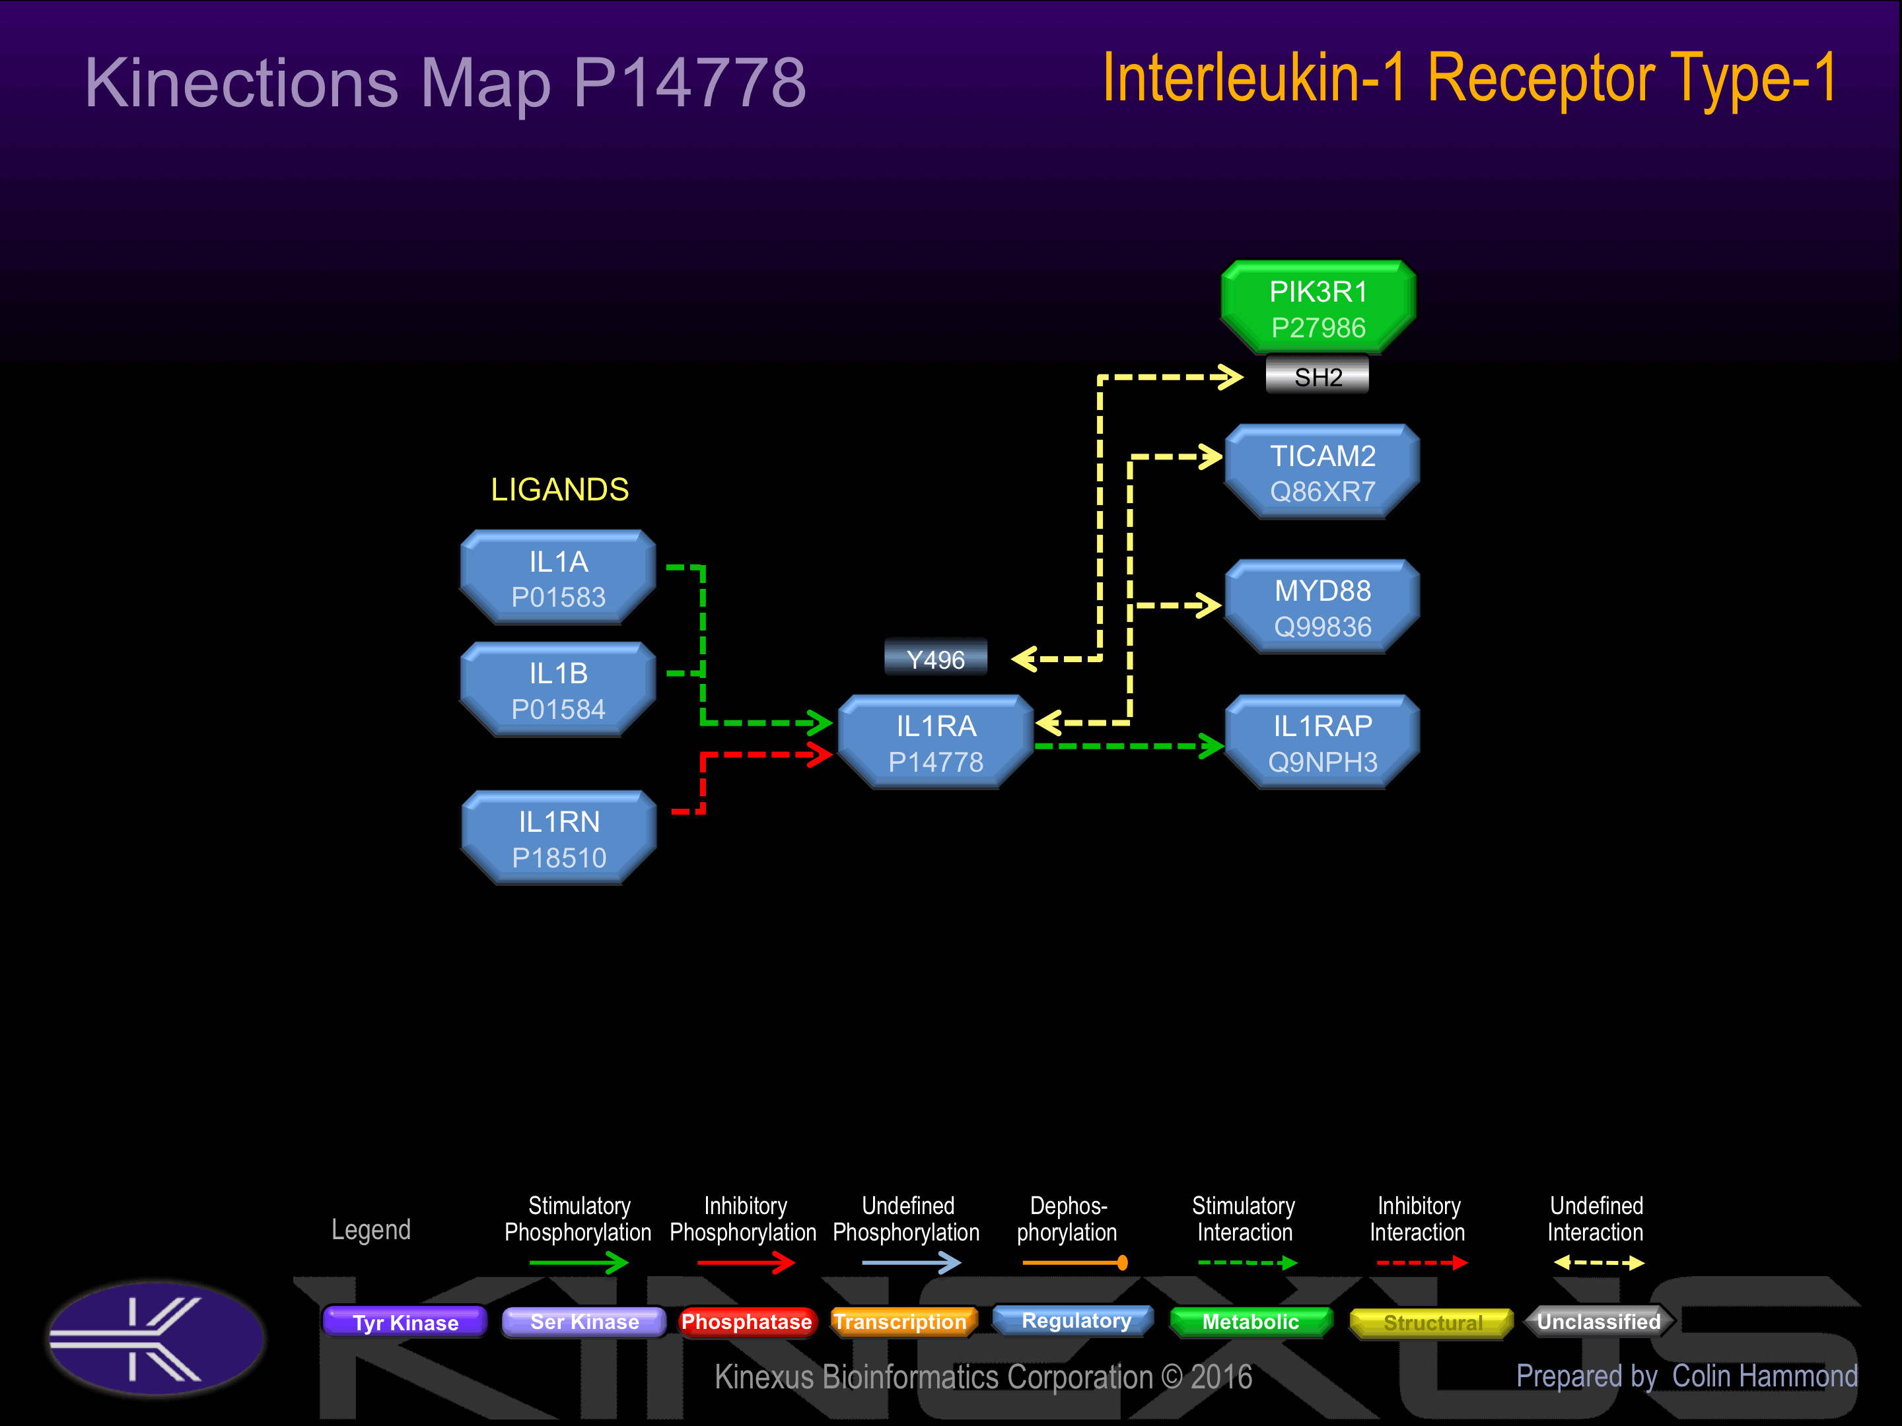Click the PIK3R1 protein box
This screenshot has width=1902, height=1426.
[x=1318, y=308]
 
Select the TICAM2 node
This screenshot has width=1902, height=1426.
[x=1322, y=473]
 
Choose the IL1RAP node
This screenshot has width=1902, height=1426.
[x=1322, y=743]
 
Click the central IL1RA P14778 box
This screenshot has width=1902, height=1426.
[x=936, y=743]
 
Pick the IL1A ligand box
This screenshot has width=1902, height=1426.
[x=558, y=578]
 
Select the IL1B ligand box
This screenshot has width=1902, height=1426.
[x=558, y=690]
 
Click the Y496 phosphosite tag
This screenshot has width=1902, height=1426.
[x=936, y=660]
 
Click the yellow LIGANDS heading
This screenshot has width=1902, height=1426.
[x=560, y=490]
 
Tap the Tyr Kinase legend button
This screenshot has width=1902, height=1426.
[x=405, y=1322]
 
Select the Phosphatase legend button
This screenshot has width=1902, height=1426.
[x=746, y=1322]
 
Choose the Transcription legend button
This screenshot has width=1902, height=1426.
[x=901, y=1322]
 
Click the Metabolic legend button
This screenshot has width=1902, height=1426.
[x=1250, y=1322]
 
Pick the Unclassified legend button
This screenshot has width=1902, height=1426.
[x=1598, y=1322]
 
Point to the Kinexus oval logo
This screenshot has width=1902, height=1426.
[x=157, y=1338]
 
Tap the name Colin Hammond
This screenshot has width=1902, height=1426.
[x=1765, y=1376]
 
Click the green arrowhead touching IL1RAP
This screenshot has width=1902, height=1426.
[x=1213, y=746]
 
